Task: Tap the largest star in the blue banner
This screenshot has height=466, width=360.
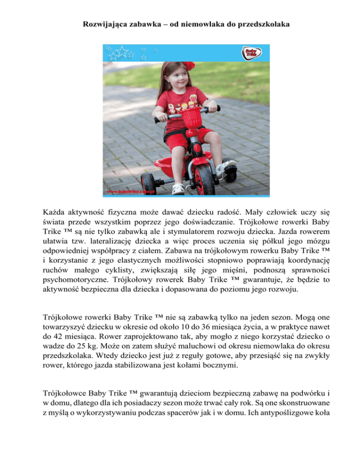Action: click(122, 51)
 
